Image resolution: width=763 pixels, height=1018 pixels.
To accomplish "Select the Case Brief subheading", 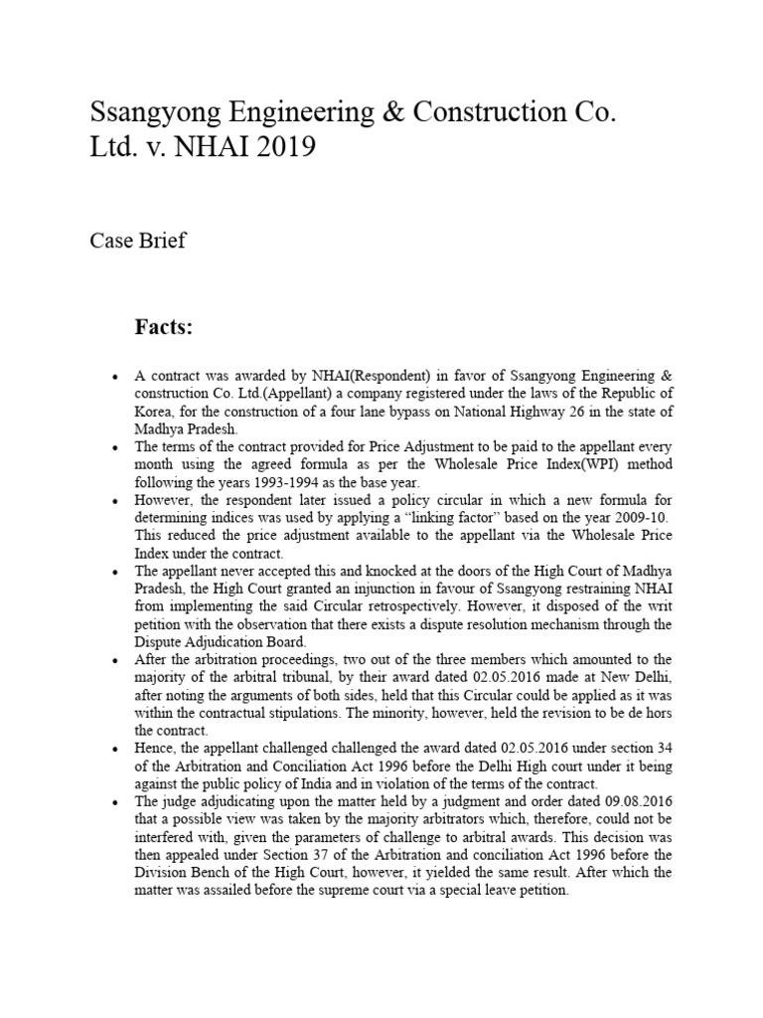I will (137, 241).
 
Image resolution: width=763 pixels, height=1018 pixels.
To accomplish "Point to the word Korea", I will (155, 411).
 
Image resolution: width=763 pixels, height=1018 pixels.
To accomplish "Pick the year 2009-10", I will (614, 518).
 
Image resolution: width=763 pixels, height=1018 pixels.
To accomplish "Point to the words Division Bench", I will (183, 875).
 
